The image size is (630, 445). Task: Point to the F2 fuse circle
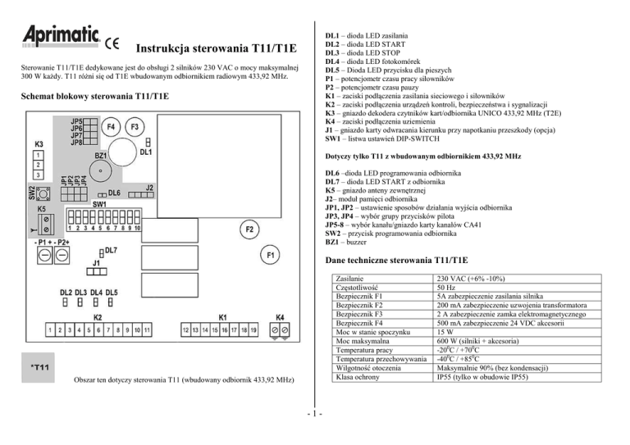point(249,228)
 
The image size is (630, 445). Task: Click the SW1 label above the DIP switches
point(100,203)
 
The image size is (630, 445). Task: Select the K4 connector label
point(280,317)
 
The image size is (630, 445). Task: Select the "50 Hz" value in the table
point(451,288)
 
